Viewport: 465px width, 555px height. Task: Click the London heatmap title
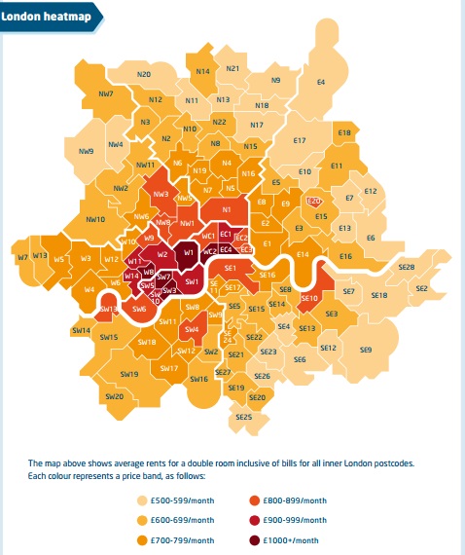click(40, 17)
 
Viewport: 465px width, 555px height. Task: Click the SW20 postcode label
click(114, 396)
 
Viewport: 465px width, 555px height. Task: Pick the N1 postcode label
click(226, 209)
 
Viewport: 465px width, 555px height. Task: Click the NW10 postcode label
click(95, 220)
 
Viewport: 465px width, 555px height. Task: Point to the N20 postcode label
click(144, 74)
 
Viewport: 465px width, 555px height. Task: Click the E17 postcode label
click(299, 141)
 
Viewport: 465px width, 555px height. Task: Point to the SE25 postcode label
click(244, 417)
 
